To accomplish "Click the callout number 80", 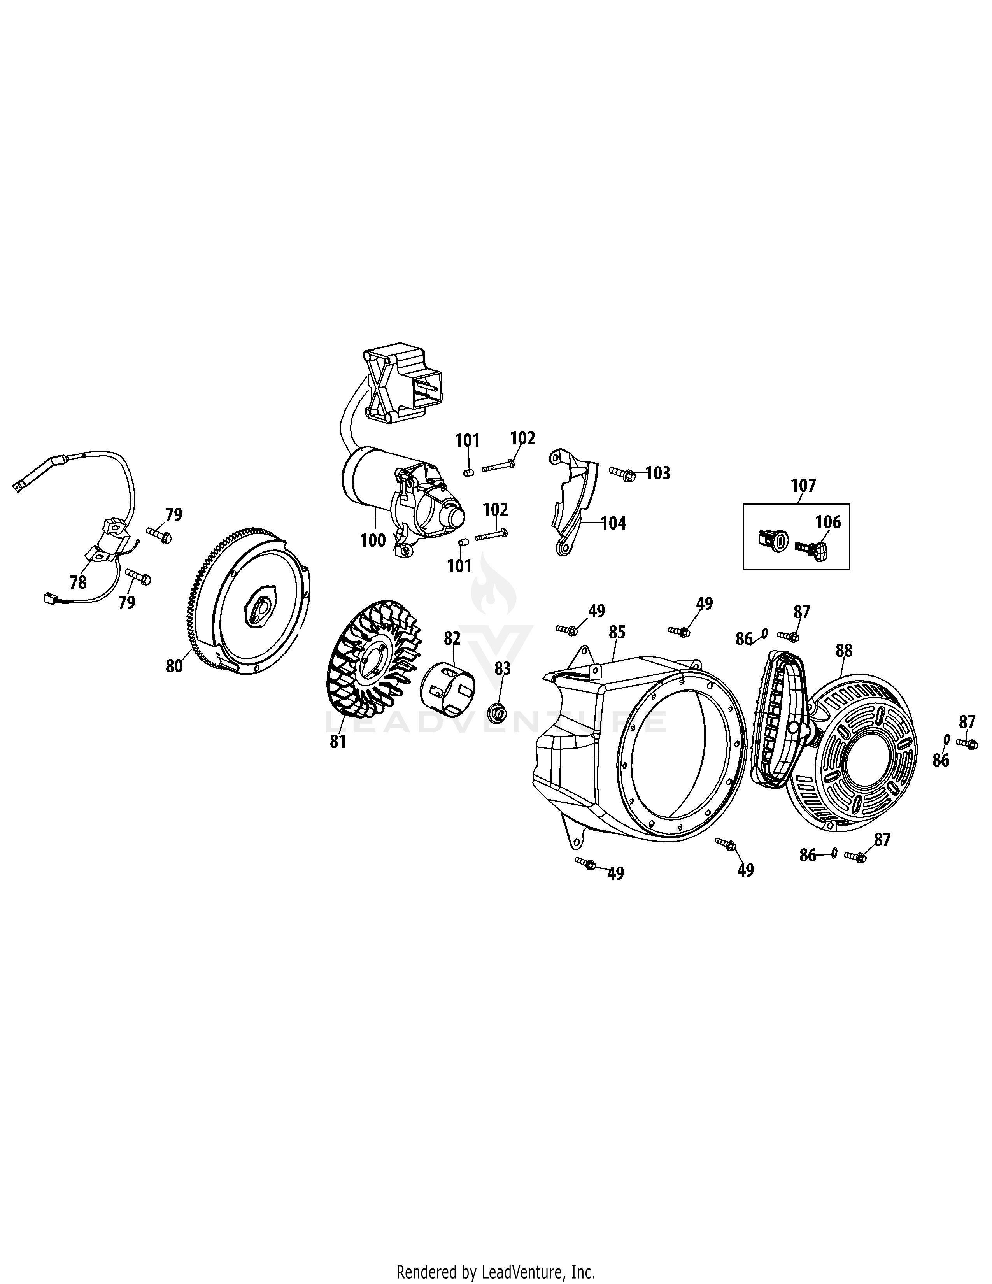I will point(174,667).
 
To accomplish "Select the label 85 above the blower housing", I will point(617,633).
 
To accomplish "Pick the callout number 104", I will point(613,523).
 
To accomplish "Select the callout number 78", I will point(78,582).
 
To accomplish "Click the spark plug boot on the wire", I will point(35,473).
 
